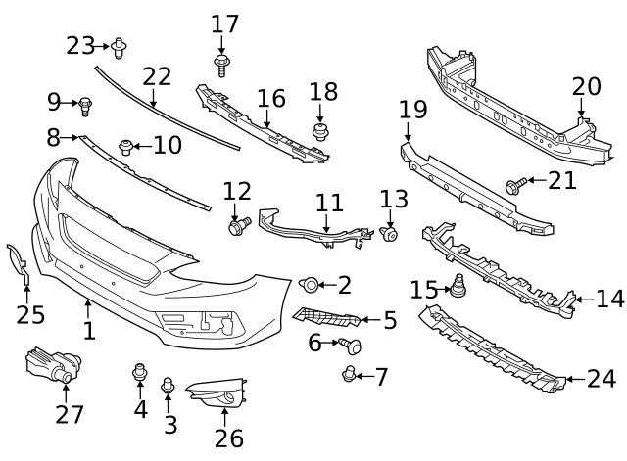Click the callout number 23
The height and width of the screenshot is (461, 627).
[80, 44]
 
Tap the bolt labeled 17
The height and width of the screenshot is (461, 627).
[221, 66]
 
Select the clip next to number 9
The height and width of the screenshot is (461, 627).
[84, 102]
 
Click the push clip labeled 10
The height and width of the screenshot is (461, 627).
[126, 147]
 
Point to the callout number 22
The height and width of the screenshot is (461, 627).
[157, 76]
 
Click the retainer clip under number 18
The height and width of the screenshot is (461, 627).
[319, 129]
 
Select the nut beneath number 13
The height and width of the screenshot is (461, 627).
[390, 233]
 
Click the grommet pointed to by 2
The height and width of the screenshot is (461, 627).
[309, 285]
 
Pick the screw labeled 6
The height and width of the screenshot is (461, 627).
[352, 345]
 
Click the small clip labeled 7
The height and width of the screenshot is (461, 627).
[348, 373]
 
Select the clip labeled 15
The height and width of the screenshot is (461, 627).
[456, 288]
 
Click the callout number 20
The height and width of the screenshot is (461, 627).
[586, 86]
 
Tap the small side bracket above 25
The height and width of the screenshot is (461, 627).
[19, 263]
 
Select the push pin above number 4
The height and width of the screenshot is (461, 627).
[139, 372]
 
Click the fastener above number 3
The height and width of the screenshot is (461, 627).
[168, 386]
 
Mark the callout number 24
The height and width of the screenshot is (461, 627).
[601, 378]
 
